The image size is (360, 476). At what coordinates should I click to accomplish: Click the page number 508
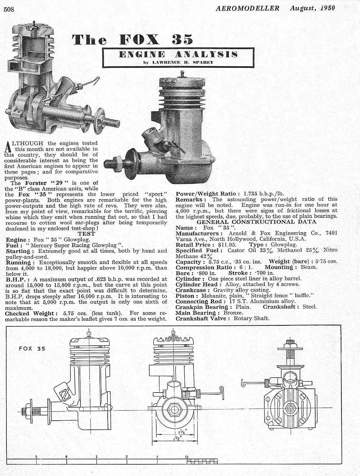tap(9, 9)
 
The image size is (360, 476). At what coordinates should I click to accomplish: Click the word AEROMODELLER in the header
tap(248, 8)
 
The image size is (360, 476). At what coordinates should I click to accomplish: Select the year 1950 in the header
tap(328, 8)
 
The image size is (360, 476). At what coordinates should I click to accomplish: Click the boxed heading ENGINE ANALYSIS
tap(178, 54)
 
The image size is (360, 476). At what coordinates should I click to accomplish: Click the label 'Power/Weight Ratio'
tap(208, 194)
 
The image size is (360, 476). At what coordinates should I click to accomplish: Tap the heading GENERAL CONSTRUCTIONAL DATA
tap(256, 222)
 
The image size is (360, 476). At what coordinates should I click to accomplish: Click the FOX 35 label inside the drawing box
tap(32, 349)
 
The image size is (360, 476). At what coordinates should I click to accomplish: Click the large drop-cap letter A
tap(8, 146)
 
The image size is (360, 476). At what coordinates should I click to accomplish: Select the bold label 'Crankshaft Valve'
tap(201, 318)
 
